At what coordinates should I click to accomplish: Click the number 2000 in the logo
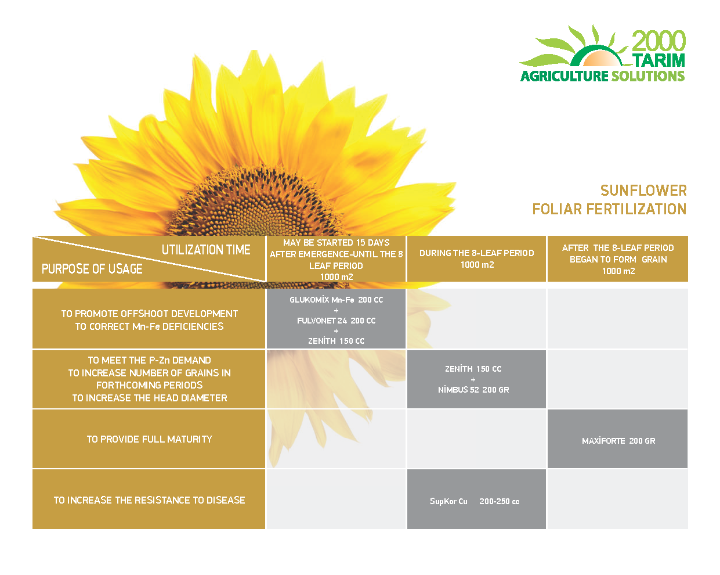(x=659, y=41)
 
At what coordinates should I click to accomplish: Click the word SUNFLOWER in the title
(x=643, y=191)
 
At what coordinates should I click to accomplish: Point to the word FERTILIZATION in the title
(x=636, y=209)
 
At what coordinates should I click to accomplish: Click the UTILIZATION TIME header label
(x=206, y=250)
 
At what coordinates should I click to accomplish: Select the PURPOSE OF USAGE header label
(x=92, y=268)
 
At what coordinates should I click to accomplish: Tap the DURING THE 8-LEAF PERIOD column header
(x=476, y=253)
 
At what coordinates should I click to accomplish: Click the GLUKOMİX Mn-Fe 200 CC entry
(x=336, y=300)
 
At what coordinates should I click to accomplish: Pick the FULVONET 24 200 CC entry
(x=336, y=321)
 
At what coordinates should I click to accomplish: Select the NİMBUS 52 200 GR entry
(x=473, y=390)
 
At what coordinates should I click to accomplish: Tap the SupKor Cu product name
(x=448, y=501)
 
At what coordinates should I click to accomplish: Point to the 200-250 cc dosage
(x=499, y=501)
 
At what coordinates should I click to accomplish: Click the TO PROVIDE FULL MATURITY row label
(x=150, y=439)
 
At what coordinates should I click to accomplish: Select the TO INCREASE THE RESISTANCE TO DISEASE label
(x=149, y=500)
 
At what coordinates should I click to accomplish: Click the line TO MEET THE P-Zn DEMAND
(x=149, y=360)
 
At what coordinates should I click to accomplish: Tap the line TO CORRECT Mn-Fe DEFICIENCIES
(x=149, y=326)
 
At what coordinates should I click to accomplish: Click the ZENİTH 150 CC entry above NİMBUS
(x=473, y=369)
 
